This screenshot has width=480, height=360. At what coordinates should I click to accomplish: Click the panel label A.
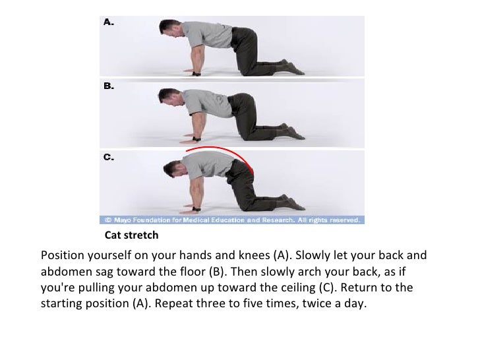109,22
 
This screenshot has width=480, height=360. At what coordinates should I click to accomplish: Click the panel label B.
109,86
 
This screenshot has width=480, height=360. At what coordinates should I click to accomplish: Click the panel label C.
109,158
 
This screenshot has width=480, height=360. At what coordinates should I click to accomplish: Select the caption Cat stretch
132,235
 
